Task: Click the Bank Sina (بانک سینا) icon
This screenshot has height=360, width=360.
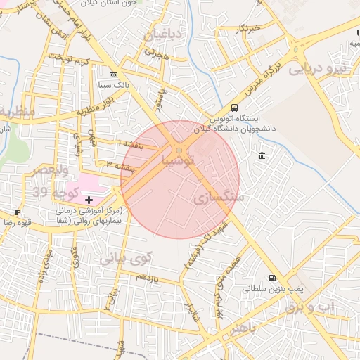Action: (114, 75)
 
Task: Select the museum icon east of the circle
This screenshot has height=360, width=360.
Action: (262, 155)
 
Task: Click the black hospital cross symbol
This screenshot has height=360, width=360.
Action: (89, 200)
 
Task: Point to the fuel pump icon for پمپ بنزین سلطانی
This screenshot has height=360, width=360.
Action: (272, 278)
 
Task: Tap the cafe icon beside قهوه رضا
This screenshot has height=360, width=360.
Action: (18, 212)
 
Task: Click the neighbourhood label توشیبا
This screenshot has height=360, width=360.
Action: (183, 162)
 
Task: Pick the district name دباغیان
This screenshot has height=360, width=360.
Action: (162, 34)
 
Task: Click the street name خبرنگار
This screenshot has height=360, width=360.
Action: (247, 28)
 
